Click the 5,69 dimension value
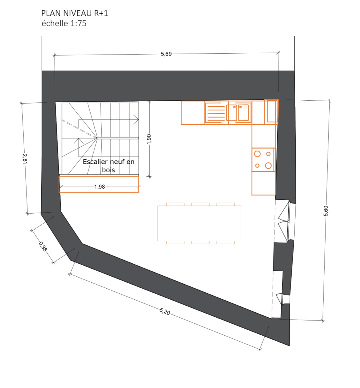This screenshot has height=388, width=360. [x=166, y=54]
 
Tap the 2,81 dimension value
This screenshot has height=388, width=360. [x=25, y=159]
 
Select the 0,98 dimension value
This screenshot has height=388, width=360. [x=43, y=247]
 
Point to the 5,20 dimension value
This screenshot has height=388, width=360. [x=165, y=311]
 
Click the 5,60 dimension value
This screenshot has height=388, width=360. [x=326, y=211]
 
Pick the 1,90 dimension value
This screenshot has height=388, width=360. [x=149, y=139]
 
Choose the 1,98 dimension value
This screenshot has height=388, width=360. [x=99, y=187]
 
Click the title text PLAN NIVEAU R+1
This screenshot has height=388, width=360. [x=75, y=13]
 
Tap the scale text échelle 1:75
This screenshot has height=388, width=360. [x=64, y=23]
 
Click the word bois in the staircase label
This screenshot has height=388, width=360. [x=108, y=170]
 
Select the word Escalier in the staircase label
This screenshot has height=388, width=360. [x=95, y=162]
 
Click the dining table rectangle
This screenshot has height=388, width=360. [x=199, y=223]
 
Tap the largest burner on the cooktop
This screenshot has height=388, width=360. [x=268, y=166]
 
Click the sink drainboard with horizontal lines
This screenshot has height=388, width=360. [x=216, y=113]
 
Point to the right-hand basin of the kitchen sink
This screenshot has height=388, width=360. [x=243, y=113]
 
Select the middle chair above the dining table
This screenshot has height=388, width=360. [x=200, y=204]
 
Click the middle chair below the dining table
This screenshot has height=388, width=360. [x=200, y=243]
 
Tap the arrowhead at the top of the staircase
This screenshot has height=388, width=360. [x=136, y=119]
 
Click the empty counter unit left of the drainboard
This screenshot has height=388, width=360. [x=193, y=113]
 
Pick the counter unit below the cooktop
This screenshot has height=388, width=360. [x=264, y=183]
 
